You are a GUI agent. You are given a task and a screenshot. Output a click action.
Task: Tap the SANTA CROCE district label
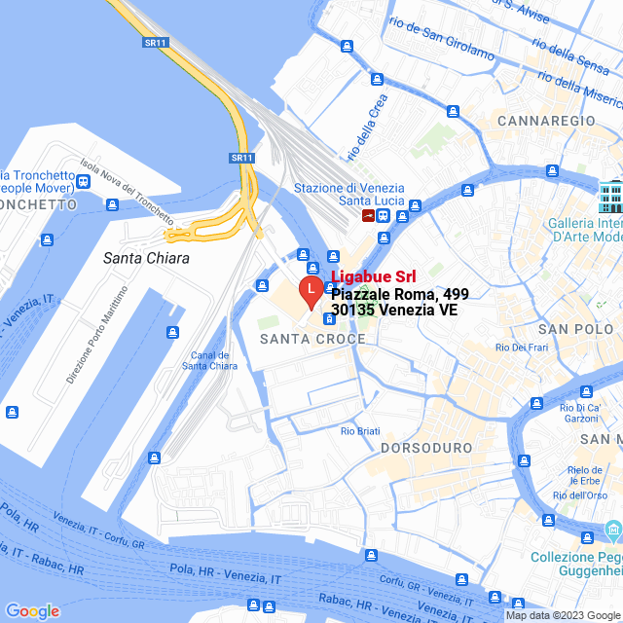[x=312, y=339]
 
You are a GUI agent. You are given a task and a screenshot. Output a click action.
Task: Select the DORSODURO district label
[x=425, y=447]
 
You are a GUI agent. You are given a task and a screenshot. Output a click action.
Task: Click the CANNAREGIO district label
[x=545, y=120]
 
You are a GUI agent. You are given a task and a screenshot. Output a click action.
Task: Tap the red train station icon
[x=368, y=215]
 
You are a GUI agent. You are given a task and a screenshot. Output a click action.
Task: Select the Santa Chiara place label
[x=146, y=259]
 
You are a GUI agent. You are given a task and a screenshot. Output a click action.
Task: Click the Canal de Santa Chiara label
[x=209, y=360]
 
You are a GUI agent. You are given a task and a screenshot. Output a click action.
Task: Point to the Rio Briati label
[x=360, y=430]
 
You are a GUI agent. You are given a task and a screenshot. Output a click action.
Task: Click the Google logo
[x=32, y=611]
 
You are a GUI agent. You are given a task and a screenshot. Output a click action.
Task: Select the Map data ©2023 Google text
[x=562, y=615]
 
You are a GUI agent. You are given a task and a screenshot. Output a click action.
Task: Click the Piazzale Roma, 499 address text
[x=393, y=293]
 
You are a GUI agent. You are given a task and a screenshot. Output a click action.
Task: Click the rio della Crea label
[x=367, y=127]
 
